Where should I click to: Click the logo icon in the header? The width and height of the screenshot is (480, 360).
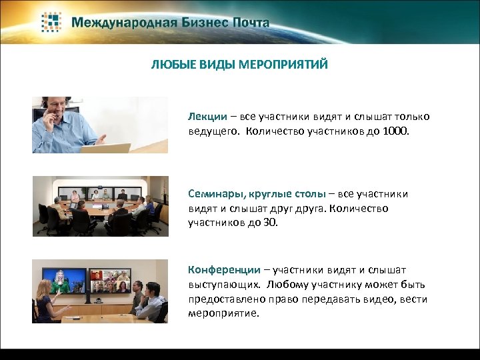[x=52, y=22]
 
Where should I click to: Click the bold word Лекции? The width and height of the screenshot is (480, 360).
[x=207, y=117]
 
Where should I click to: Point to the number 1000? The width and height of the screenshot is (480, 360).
[x=397, y=131]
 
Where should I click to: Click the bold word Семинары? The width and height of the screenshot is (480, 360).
[x=217, y=194]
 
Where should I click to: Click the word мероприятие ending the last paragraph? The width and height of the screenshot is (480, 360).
[x=219, y=313]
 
